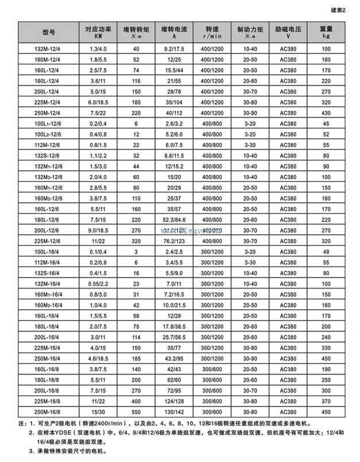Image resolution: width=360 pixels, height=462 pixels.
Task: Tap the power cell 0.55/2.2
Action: pyautogui.click(x=96, y=283)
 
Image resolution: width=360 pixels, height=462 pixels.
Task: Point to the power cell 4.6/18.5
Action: pyautogui.click(x=96, y=358)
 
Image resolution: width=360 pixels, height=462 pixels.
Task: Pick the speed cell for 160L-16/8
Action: pyautogui.click(x=212, y=369)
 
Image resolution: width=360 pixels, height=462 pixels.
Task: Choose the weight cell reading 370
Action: pyautogui.click(x=326, y=401)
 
